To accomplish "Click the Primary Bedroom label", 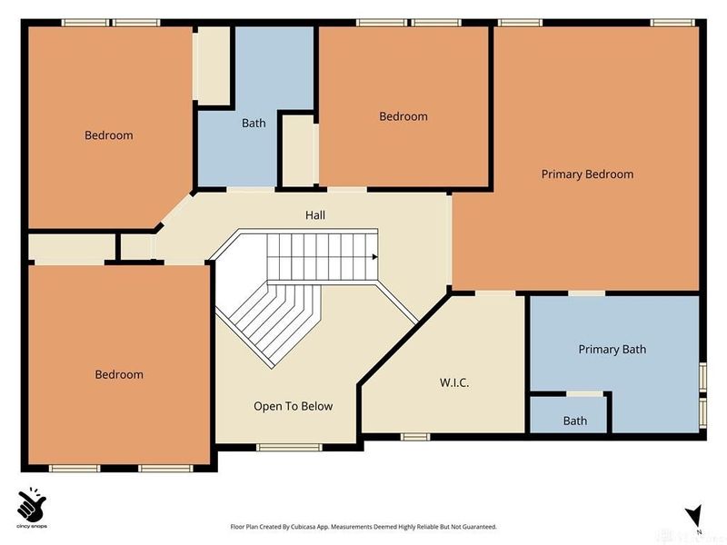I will pyautogui.click(x=587, y=174).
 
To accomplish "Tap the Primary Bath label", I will pyautogui.click(x=612, y=349).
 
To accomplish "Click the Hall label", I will pyautogui.click(x=314, y=215).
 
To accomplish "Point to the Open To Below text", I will pyautogui.click(x=293, y=406).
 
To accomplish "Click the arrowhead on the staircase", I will pyautogui.click(x=373, y=257).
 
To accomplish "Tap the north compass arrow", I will pyautogui.click(x=694, y=515).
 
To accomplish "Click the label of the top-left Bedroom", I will pyautogui.click(x=109, y=135).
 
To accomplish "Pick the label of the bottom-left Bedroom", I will pyautogui.click(x=119, y=374).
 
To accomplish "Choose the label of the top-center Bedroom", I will pyautogui.click(x=403, y=116).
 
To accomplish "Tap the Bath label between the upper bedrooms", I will pyautogui.click(x=254, y=123).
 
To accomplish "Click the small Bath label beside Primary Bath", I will pyautogui.click(x=574, y=421).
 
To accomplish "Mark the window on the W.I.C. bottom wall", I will pyautogui.click(x=415, y=437).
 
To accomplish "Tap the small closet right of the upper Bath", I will pyautogui.click(x=297, y=150).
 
